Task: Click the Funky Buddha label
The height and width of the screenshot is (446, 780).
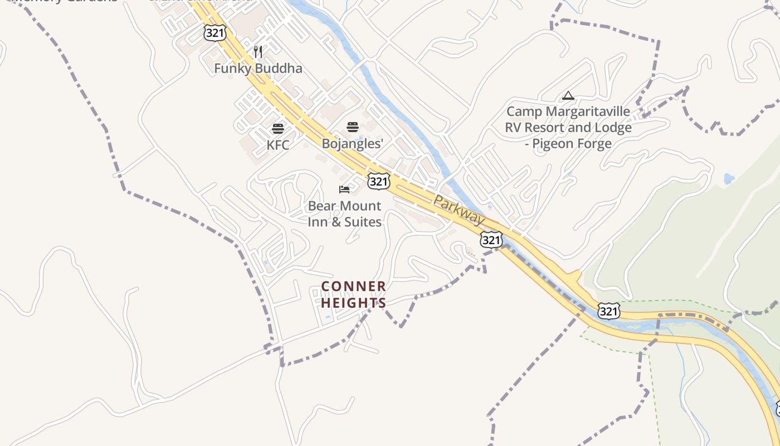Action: (258, 69)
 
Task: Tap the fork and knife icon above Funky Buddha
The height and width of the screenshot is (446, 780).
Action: (258, 52)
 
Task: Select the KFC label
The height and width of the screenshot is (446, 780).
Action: (277, 145)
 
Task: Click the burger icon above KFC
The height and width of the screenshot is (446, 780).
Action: (277, 129)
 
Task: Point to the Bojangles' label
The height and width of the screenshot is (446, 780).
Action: (353, 143)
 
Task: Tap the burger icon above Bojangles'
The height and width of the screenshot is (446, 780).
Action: (352, 127)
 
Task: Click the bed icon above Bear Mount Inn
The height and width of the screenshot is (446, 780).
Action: (344, 190)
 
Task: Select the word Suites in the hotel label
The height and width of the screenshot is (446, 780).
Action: (362, 222)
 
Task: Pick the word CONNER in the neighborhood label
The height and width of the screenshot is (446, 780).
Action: (354, 287)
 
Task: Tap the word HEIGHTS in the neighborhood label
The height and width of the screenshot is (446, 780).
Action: (354, 303)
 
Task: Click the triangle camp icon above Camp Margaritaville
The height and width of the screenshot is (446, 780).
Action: (568, 96)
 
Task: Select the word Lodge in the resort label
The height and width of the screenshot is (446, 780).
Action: (612, 128)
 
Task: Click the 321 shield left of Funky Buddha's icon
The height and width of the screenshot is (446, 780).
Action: (214, 33)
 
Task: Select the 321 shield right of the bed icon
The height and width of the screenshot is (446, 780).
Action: (378, 181)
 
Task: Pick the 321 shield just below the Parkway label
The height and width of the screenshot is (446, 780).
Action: (491, 240)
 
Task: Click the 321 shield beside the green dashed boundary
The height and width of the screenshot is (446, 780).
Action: (608, 311)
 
